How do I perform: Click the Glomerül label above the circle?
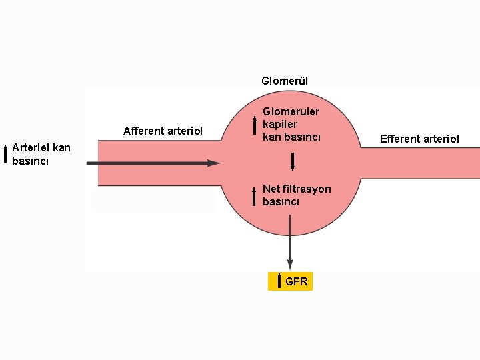[285, 81]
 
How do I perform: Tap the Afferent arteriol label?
[163, 131]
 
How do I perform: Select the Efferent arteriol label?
[419, 139]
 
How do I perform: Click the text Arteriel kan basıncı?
[41, 154]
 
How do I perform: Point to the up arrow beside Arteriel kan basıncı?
[5, 153]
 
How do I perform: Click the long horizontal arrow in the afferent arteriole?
[153, 163]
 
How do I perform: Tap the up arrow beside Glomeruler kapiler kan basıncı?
[254, 125]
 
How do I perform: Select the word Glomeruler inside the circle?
[291, 112]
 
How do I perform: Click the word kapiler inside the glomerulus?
[280, 125]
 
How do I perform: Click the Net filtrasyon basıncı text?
[296, 195]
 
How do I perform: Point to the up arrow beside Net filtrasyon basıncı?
[254, 197]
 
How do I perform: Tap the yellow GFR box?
[290, 281]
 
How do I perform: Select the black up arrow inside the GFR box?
[279, 281]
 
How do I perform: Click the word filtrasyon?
[306, 189]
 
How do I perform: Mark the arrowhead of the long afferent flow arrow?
[214, 163]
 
